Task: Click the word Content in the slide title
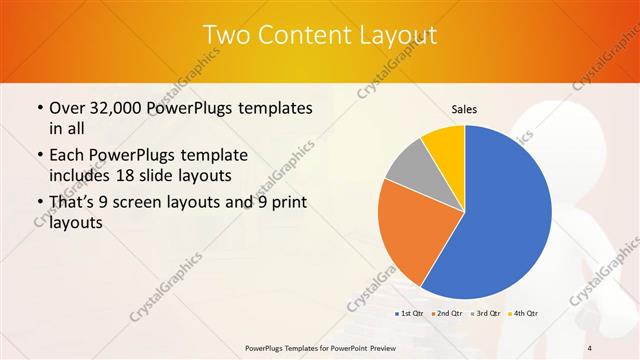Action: tap(299, 36)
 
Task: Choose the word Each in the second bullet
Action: tap(68, 155)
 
